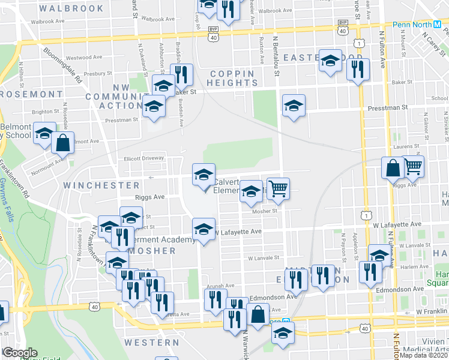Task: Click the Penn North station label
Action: click(x=414, y=25)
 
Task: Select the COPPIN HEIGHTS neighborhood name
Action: click(x=232, y=78)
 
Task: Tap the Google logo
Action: click(x=20, y=353)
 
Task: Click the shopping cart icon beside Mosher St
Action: click(x=278, y=189)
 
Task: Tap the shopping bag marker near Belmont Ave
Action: click(x=62, y=143)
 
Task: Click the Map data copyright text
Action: click(x=424, y=355)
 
